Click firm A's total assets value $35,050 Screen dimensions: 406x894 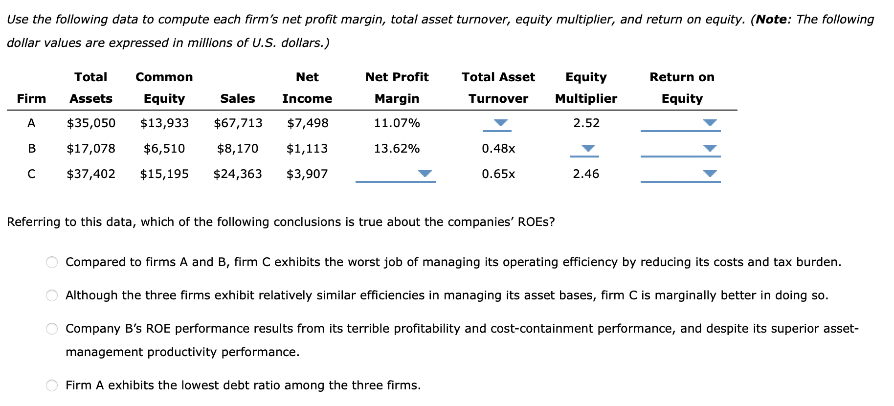click(91, 123)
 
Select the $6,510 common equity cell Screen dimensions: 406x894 click(164, 148)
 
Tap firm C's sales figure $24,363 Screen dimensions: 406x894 click(238, 174)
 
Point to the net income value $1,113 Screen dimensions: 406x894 click(307, 148)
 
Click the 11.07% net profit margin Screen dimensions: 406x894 click(397, 123)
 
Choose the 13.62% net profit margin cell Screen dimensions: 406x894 click(397, 148)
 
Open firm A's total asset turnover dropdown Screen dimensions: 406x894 click(500, 123)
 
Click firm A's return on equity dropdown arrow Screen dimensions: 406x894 click(710, 123)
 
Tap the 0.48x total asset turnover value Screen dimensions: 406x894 click(498, 148)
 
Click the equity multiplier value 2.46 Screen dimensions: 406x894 click(586, 174)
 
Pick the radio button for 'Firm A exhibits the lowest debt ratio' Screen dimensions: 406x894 click(52, 385)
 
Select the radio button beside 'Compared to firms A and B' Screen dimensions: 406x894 click(52, 262)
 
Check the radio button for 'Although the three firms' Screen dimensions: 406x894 click(52, 295)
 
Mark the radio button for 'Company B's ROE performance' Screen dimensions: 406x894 click(52, 329)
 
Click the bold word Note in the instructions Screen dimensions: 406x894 click(771, 20)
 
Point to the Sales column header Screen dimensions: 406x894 click(238, 98)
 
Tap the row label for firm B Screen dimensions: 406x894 click(31, 148)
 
